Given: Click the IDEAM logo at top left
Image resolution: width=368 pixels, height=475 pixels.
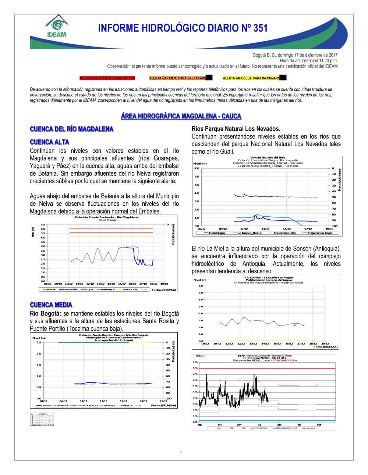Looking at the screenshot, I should pos(57,26).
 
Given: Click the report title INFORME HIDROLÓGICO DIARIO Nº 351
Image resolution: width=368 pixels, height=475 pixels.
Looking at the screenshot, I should pos(183,28).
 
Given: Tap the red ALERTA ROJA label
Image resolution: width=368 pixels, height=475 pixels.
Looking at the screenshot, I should pos(107,78).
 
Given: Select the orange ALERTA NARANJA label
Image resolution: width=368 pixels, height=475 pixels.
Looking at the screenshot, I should pos(177,78).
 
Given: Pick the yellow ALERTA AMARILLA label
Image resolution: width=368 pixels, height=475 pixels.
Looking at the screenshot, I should pos(251,78).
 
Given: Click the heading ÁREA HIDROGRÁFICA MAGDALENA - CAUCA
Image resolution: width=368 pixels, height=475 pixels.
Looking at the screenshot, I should pos(181,116).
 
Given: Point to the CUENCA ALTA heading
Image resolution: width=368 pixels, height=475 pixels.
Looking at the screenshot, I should pos(49,142).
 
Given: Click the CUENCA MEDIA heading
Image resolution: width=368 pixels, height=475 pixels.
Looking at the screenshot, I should pos(51,305).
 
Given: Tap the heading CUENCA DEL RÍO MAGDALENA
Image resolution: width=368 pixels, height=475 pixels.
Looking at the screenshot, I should pos(71,129).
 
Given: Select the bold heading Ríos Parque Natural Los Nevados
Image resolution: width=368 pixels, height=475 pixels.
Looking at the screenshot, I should pos(236,129).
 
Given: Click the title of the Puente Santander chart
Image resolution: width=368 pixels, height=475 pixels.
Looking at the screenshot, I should pos(107,217).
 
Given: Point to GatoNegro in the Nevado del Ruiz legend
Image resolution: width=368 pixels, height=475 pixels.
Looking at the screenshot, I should pos(217,233).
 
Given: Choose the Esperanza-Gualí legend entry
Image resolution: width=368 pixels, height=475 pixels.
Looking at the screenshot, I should pos(320,233).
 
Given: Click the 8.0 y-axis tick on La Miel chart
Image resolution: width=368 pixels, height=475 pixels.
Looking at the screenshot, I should pos(201,286).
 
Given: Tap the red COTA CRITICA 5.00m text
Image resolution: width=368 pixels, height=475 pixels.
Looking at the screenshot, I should pos(284,360).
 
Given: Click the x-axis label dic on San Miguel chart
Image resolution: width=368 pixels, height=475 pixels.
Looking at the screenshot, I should pos(259,425).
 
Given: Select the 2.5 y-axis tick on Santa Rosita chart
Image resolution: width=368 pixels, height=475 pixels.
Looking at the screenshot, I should pos(39,342).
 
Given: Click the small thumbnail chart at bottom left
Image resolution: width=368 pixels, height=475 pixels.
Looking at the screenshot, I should pos(42,419).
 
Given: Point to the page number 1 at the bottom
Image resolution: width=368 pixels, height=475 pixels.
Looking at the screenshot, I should pos(181,452).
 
